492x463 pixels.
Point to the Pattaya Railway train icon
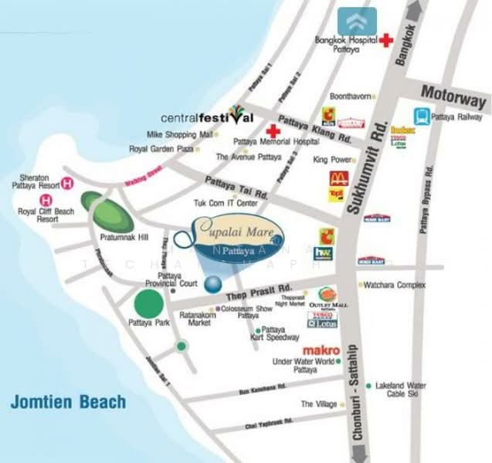click(x=422, y=117)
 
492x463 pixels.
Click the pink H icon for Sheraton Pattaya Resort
click(x=68, y=183)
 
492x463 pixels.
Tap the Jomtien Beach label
click(x=68, y=402)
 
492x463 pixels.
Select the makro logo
click(x=321, y=350)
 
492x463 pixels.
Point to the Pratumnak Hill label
click(x=118, y=238)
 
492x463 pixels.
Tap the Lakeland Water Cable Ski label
click(x=401, y=389)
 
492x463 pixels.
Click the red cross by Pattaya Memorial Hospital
click(x=271, y=130)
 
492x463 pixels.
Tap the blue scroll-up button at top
click(x=357, y=21)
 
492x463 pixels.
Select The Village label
click(x=318, y=404)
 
